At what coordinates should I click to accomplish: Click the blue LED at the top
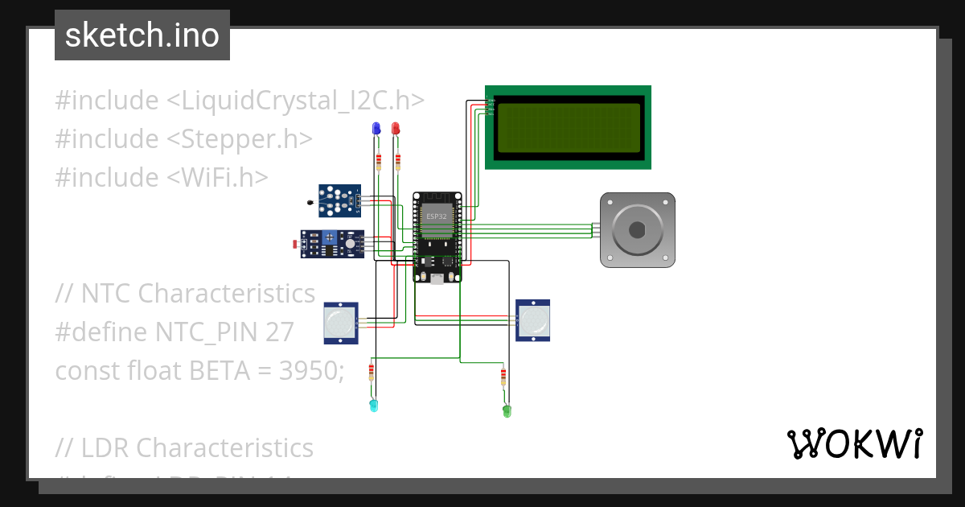(376, 129)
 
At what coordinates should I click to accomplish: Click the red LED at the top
(395, 129)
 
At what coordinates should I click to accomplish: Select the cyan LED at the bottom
(372, 405)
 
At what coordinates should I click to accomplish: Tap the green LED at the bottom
(507, 410)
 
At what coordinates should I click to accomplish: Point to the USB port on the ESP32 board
(437, 278)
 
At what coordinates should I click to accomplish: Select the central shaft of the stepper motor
(638, 229)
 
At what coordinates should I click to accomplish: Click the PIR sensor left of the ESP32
(341, 322)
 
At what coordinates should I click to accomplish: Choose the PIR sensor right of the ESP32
(533, 319)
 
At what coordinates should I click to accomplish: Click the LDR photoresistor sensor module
(332, 244)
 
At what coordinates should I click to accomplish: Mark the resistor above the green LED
(503, 376)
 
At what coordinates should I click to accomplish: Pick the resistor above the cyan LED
(371, 372)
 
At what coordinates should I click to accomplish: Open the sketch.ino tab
(142, 35)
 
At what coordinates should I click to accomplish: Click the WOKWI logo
(854, 443)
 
